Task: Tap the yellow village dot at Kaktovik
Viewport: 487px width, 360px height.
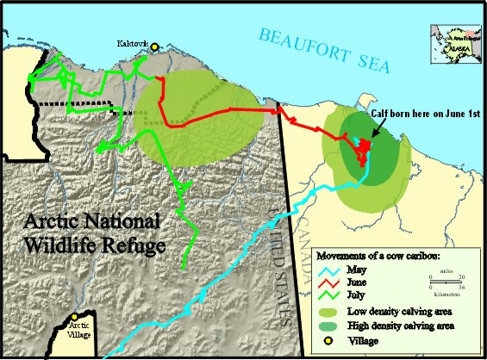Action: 156,48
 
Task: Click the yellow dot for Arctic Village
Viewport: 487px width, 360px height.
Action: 76,317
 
